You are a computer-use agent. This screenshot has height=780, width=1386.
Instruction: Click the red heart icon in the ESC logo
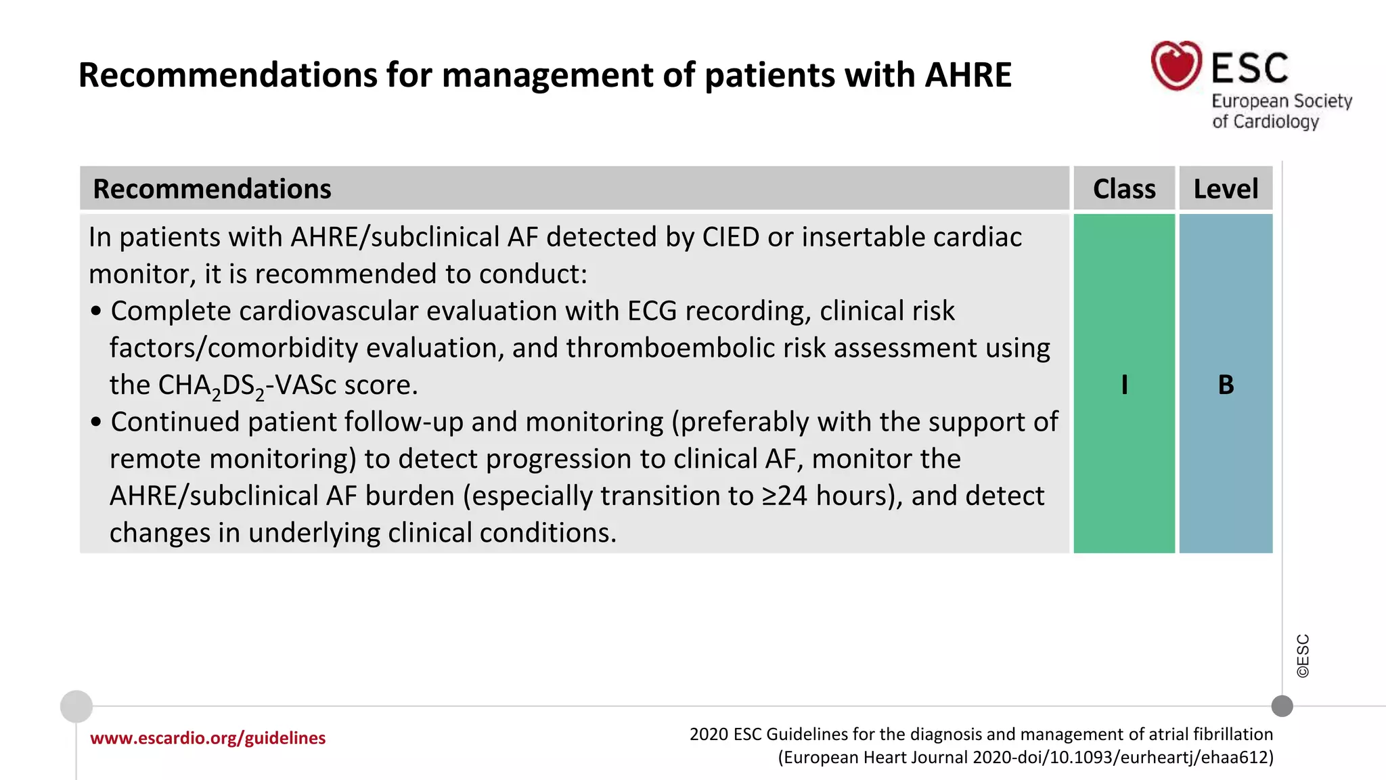(1176, 66)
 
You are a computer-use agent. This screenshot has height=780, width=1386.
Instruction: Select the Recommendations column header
(212, 189)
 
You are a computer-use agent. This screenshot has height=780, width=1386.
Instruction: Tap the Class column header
(1124, 189)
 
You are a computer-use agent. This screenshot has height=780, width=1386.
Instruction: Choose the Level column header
(1226, 189)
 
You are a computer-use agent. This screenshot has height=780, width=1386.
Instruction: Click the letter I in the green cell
(1124, 385)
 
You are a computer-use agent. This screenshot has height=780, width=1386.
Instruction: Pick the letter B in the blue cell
(1226, 385)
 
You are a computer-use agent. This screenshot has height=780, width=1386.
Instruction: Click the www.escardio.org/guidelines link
(208, 737)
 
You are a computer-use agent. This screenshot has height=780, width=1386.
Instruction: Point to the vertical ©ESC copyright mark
(1303, 655)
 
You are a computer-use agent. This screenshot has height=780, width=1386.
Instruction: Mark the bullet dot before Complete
(96, 311)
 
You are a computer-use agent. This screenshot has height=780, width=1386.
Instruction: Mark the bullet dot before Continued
(96, 422)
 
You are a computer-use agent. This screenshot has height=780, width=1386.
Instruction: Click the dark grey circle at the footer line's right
(1282, 706)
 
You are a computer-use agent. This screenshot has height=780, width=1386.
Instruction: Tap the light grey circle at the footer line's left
(76, 706)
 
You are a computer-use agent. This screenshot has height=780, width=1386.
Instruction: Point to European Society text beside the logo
(1281, 101)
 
